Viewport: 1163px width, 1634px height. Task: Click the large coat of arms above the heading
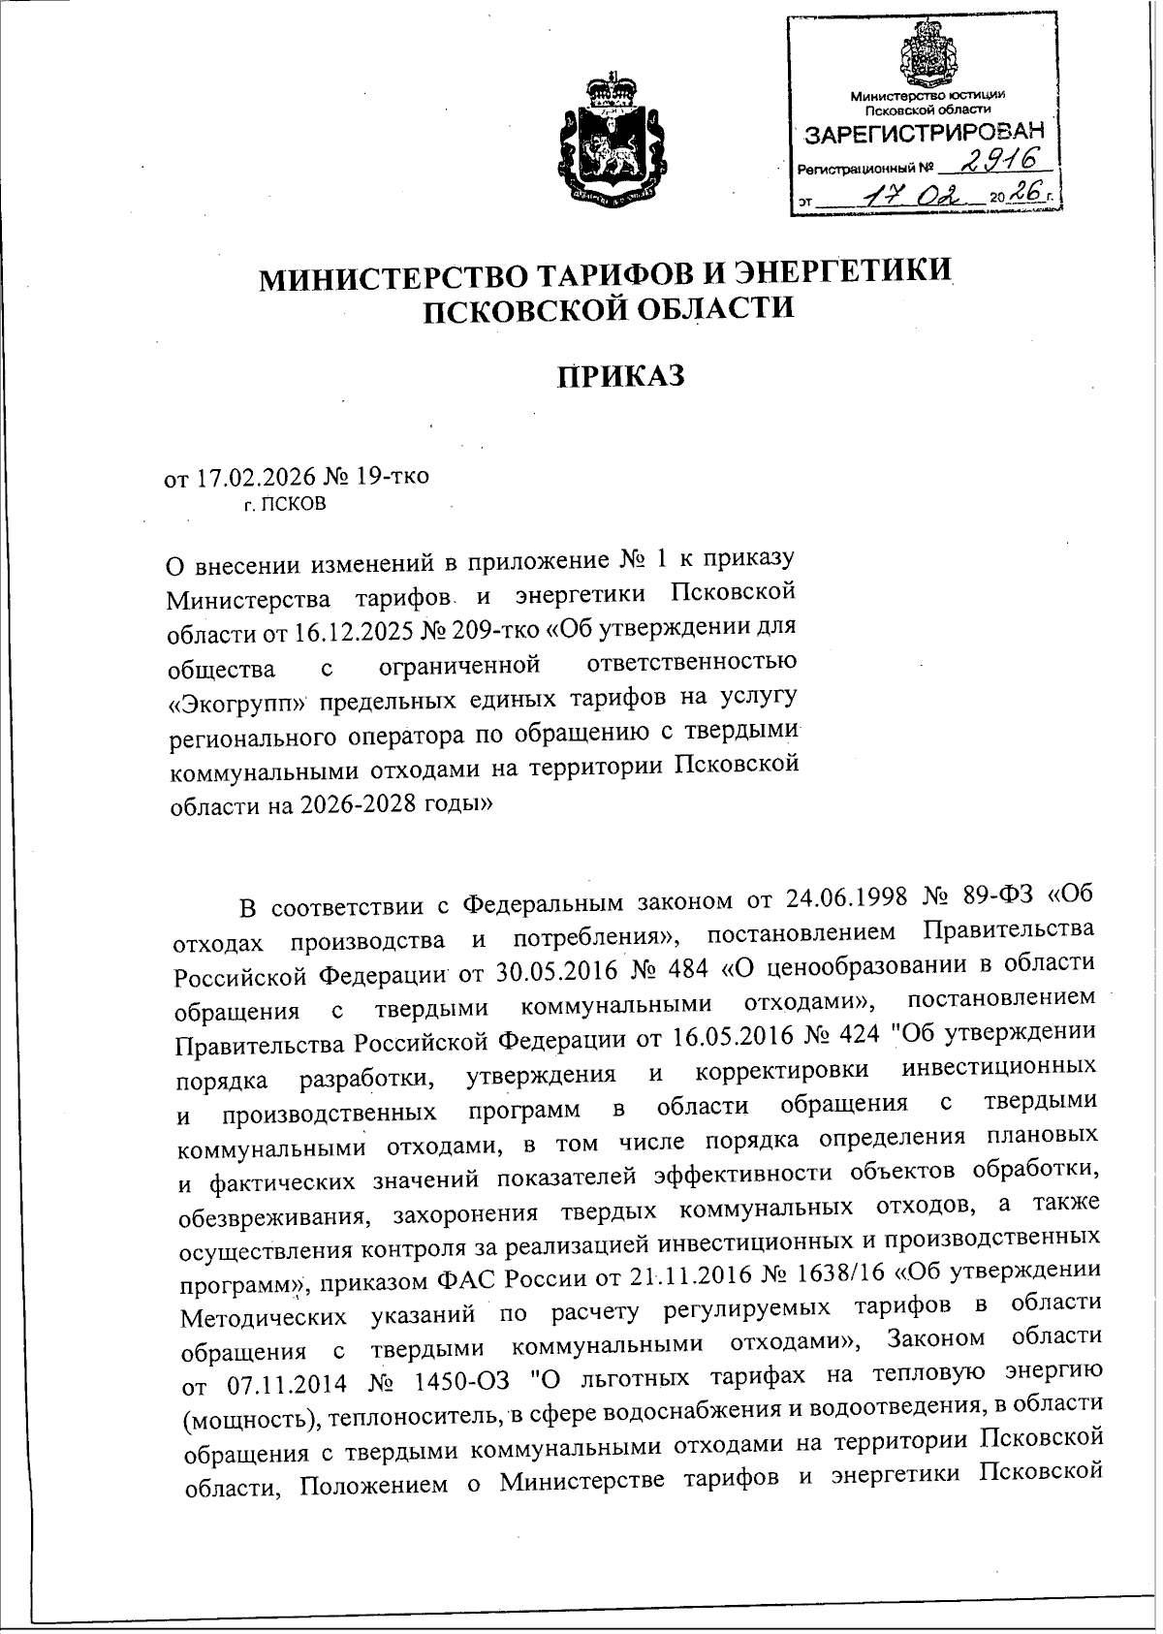(609, 143)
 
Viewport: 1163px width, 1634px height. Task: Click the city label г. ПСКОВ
(285, 504)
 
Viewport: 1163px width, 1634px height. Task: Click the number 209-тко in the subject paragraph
(492, 630)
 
